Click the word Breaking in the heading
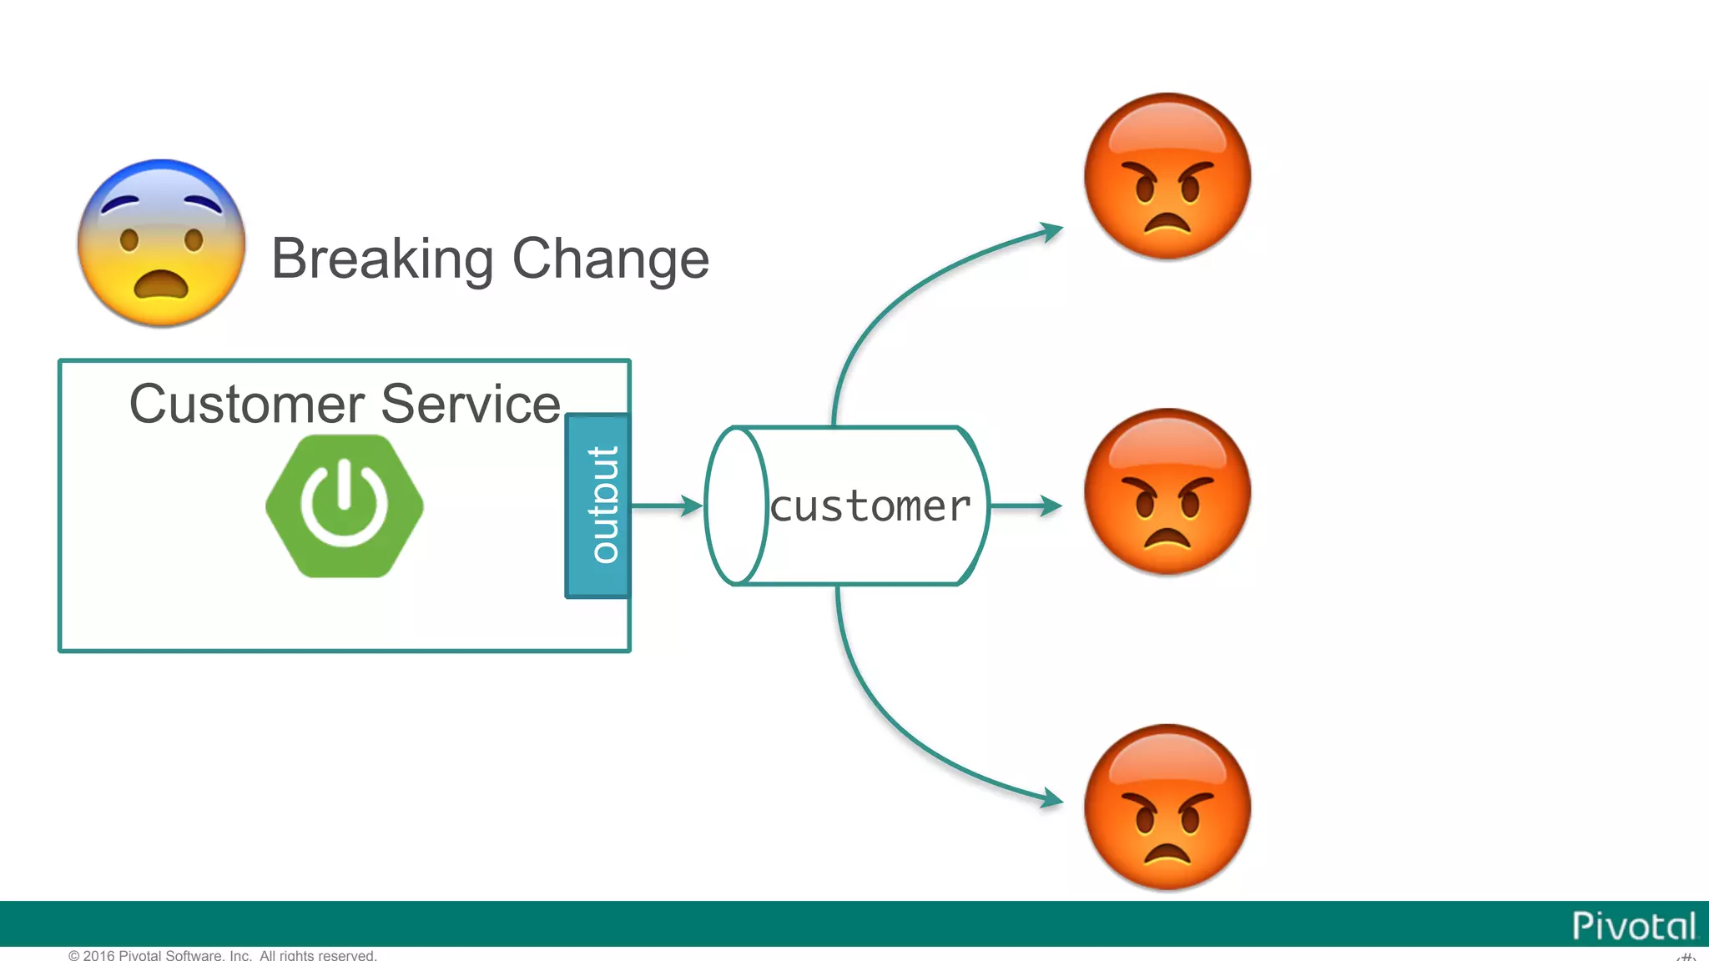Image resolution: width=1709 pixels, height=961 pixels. coord(382,259)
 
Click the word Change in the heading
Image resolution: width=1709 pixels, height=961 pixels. coord(610,259)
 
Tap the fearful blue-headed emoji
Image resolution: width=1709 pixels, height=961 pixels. coord(161,243)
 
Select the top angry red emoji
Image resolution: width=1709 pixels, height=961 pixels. coord(1167,176)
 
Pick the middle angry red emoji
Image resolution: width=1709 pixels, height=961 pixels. coord(1167,491)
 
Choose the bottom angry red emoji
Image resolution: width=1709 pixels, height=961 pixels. coord(1167,807)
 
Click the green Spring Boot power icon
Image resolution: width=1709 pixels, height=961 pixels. coord(345,506)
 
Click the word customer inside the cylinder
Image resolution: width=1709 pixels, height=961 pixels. coord(870,506)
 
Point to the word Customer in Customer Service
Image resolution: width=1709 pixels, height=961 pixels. coord(246,405)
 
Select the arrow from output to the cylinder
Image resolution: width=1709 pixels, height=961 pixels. coord(666,506)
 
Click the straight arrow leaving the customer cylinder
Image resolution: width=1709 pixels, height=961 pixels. coord(1025,506)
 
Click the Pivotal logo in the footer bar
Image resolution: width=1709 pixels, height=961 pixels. coord(1633,926)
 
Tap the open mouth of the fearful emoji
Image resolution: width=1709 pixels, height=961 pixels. coord(161,286)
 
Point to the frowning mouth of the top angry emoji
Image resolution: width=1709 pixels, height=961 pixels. coord(1167,224)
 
